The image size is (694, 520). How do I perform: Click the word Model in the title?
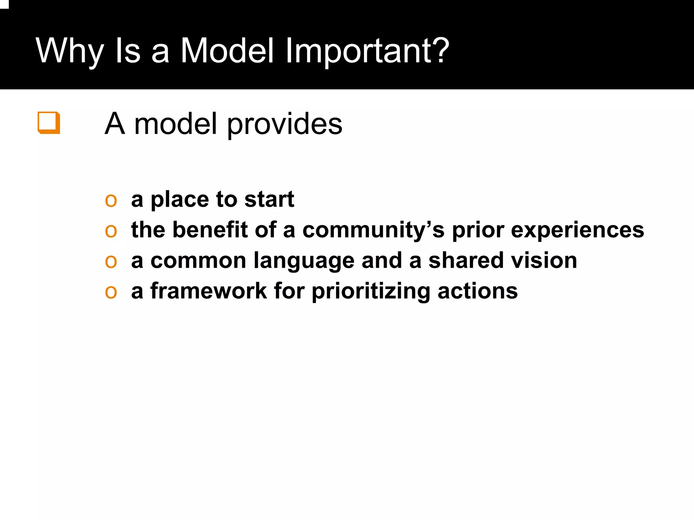(227, 51)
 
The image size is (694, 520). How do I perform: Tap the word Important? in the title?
(367, 51)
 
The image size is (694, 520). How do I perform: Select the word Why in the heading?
(69, 51)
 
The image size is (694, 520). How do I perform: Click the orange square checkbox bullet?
(49, 122)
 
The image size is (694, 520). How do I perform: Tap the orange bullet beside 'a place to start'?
(111, 200)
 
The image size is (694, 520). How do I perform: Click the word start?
(269, 199)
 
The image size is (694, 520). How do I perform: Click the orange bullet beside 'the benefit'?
(111, 231)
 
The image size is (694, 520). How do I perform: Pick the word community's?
(373, 231)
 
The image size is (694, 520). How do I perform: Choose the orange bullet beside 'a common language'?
(111, 261)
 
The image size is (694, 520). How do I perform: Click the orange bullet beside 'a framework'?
(111, 292)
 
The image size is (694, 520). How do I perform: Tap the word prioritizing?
(371, 292)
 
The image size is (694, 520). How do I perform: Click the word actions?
(477, 291)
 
